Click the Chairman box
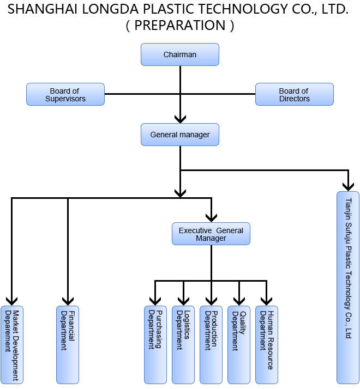click(179, 54)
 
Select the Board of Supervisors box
click(65, 95)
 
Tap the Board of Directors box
click(294, 95)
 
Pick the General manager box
click(179, 135)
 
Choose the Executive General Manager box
click(211, 234)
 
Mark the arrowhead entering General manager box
click(180, 118)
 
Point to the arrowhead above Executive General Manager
click(211, 217)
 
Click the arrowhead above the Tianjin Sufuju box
click(347, 186)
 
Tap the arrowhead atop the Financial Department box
click(68, 301)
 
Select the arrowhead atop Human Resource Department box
click(266, 301)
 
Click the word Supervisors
click(65, 99)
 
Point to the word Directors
click(295, 99)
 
